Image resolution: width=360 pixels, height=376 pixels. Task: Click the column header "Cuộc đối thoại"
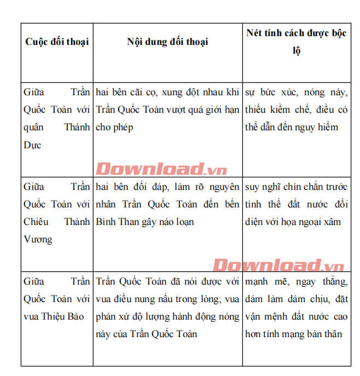coord(57,42)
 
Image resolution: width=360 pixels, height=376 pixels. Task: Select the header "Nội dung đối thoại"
coord(167,42)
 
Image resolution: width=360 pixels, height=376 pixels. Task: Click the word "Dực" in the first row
coord(33,145)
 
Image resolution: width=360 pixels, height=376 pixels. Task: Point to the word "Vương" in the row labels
coord(38,239)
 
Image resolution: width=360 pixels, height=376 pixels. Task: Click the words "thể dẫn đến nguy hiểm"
coord(292,127)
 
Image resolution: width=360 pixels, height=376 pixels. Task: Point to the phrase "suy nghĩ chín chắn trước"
coord(295,187)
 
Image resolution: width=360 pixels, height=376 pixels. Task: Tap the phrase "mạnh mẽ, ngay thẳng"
coord(295,281)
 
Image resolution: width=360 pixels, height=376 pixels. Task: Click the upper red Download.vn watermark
coord(161,169)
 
